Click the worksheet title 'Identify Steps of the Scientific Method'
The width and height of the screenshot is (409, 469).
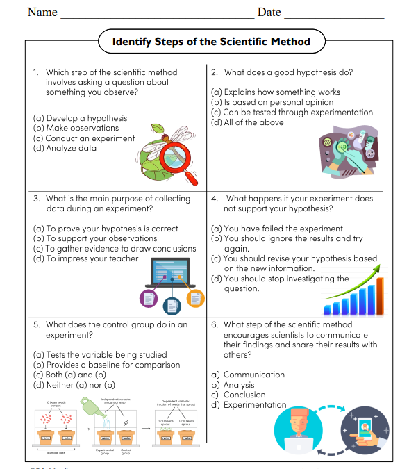coord(211,42)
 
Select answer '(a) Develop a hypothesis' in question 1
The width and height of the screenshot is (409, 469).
coord(80,118)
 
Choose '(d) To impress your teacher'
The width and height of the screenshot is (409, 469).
coord(85,258)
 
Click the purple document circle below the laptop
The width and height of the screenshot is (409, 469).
coord(149,298)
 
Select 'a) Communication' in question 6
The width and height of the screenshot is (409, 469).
coord(248,375)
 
